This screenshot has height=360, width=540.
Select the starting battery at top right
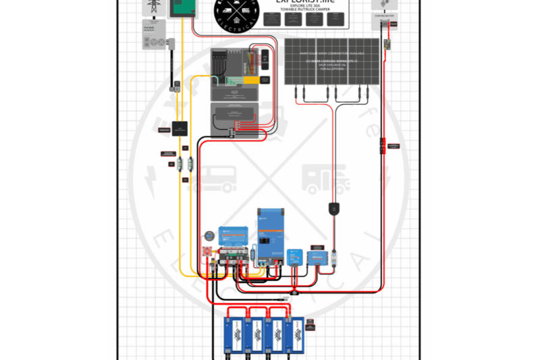click(x=384, y=25)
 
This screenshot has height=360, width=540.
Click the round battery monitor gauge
click(x=211, y=236)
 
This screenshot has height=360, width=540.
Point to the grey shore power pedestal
click(x=154, y=34)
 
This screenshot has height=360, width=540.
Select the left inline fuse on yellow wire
click(x=180, y=163)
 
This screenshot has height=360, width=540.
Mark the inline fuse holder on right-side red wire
click(x=383, y=145)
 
